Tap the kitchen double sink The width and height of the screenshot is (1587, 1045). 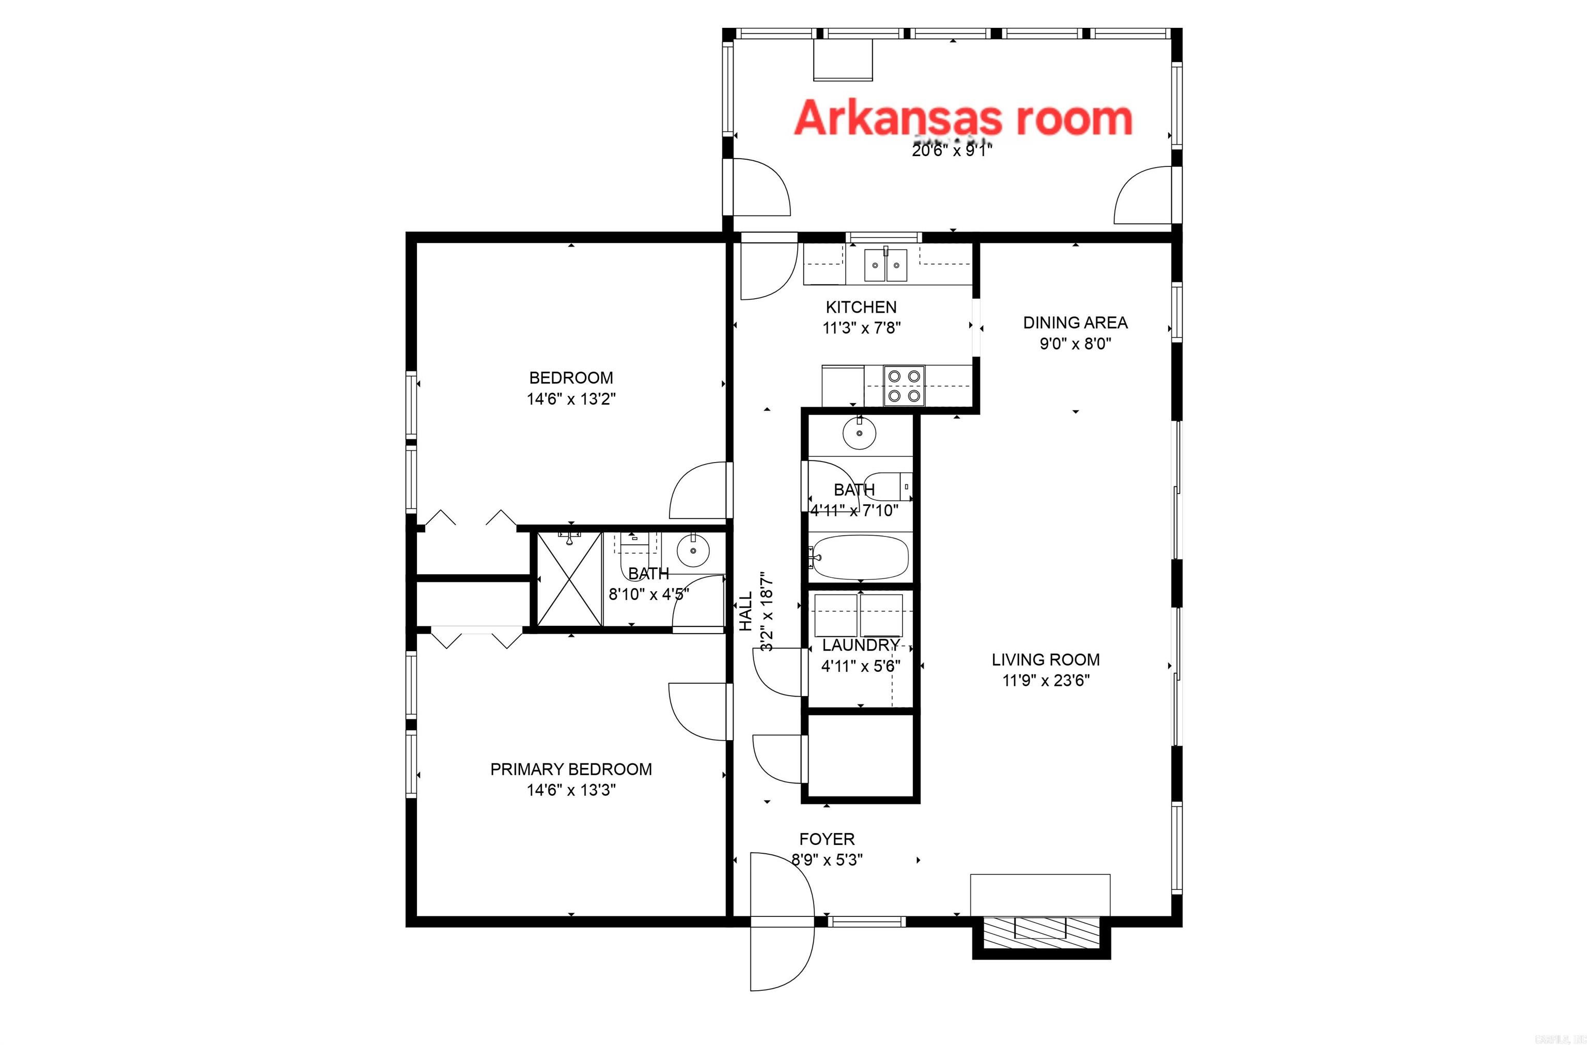click(886, 265)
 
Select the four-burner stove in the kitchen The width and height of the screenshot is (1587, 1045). click(904, 386)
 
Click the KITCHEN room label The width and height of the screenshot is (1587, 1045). click(861, 308)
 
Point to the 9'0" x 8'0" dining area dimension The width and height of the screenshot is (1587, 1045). click(1075, 344)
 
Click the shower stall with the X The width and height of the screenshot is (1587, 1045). click(569, 579)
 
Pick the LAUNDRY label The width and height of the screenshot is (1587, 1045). click(860, 646)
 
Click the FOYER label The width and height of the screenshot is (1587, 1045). click(827, 839)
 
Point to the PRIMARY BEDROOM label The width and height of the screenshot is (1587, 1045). click(571, 769)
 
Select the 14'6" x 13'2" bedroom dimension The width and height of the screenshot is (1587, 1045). click(571, 399)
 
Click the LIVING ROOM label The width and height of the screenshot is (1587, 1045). click(1045, 659)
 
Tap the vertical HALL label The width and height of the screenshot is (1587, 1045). click(745, 611)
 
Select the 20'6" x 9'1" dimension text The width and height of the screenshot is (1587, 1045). click(952, 151)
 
